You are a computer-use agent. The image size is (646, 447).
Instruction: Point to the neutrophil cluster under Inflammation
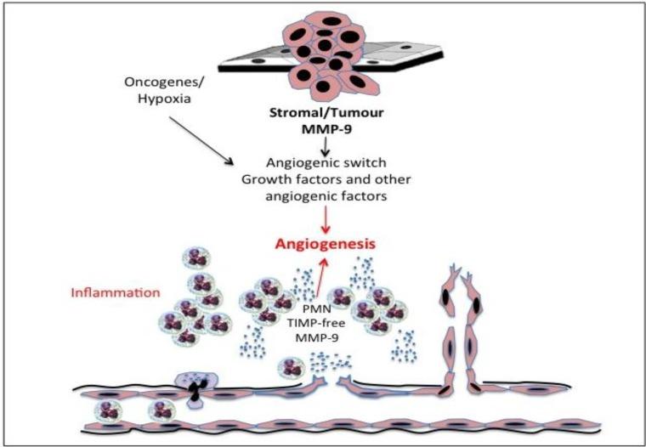point(195,314)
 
